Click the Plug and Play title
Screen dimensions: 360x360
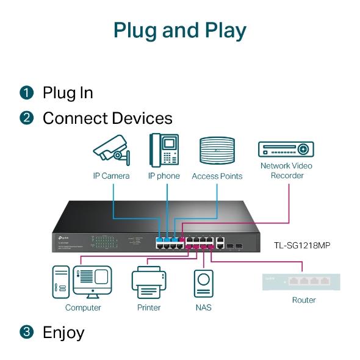coord(180,30)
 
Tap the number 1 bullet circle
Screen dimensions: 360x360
coord(26,93)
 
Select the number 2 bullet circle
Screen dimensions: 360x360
coord(26,118)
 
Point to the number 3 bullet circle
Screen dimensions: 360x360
coord(26,333)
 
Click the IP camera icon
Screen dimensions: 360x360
coord(112,150)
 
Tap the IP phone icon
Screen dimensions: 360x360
coord(164,150)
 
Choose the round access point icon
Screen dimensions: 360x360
coord(217,151)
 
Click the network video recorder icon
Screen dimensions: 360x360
coord(286,149)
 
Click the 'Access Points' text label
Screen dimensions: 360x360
coord(217,176)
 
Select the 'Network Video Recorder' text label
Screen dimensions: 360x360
coord(286,170)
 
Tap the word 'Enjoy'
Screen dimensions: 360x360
coord(63,333)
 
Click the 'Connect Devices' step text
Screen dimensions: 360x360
coord(107,118)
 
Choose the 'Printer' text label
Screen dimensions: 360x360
coord(148,308)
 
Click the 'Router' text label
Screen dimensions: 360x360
coord(303,300)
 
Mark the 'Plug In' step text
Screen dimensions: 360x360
coord(68,93)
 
